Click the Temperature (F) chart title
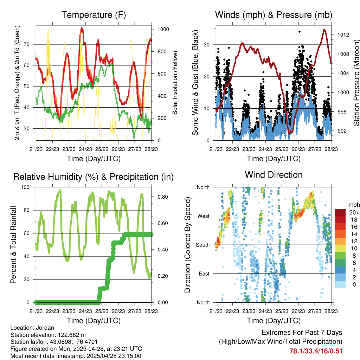94,15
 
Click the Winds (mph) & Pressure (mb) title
274,15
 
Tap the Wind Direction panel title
274,175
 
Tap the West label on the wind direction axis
203,216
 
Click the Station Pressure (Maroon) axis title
356,83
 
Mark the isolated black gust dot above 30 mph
299,32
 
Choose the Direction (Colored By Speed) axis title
188,244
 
